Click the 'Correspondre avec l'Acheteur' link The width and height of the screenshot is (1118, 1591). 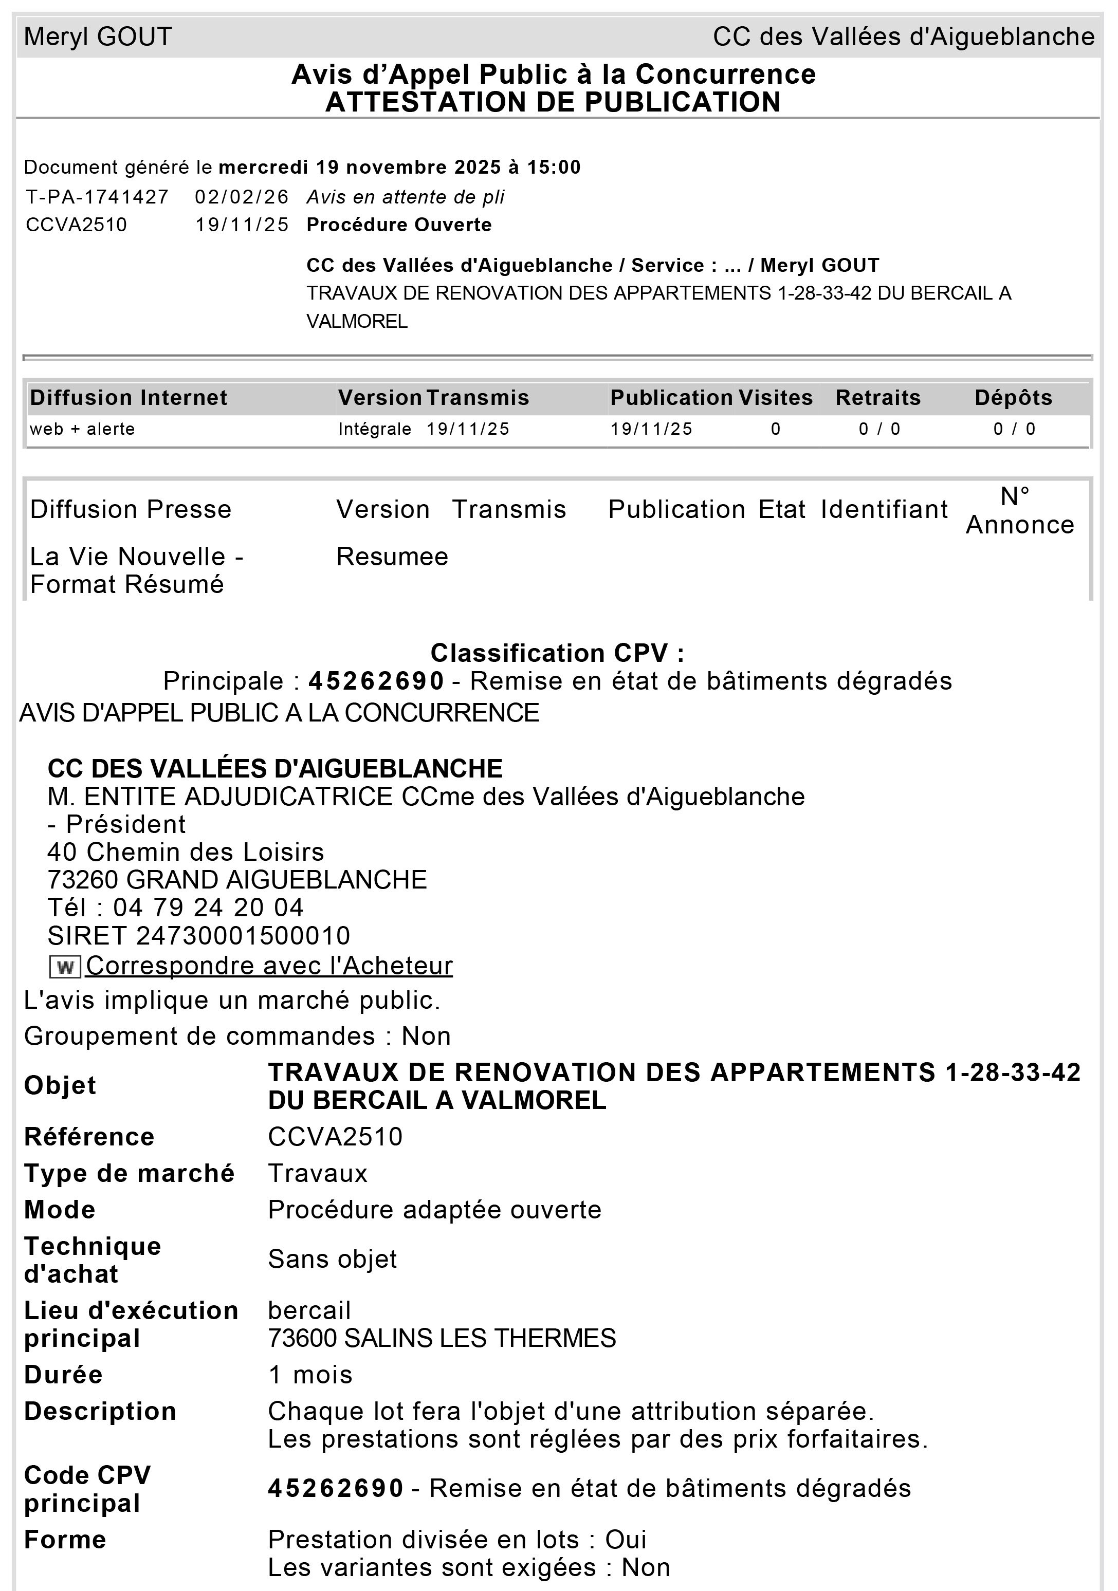coord(269,965)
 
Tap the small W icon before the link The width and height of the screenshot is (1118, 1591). coord(65,967)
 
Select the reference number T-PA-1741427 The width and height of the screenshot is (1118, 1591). coord(97,197)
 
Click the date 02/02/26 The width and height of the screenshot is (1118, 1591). coord(241,197)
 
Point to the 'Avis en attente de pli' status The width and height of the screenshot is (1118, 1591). coord(406,197)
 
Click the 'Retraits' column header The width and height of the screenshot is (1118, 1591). coord(877,398)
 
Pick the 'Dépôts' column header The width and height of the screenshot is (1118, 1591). coord(1013,398)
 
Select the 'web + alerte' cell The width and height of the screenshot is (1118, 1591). coord(82,429)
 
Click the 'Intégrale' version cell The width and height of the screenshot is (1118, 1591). coord(374,429)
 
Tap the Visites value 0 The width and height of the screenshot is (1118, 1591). coord(776,429)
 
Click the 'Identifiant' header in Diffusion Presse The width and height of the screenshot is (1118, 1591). coord(884,509)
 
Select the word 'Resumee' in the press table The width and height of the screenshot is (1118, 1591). coord(392,557)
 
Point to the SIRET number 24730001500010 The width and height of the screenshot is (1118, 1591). coord(243,935)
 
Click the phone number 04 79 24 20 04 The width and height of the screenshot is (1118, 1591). coord(208,908)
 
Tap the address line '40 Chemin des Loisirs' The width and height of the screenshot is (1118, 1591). coord(186,852)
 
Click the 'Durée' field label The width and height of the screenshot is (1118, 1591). coord(63,1375)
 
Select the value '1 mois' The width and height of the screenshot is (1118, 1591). coord(310,1375)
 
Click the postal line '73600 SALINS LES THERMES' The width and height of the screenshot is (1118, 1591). coord(442,1338)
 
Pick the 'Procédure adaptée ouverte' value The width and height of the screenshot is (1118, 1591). coord(434,1210)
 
